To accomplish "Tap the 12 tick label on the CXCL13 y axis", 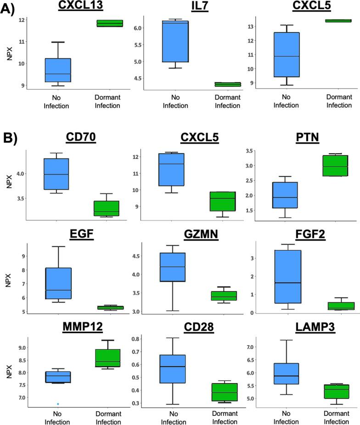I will coord(22,20).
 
